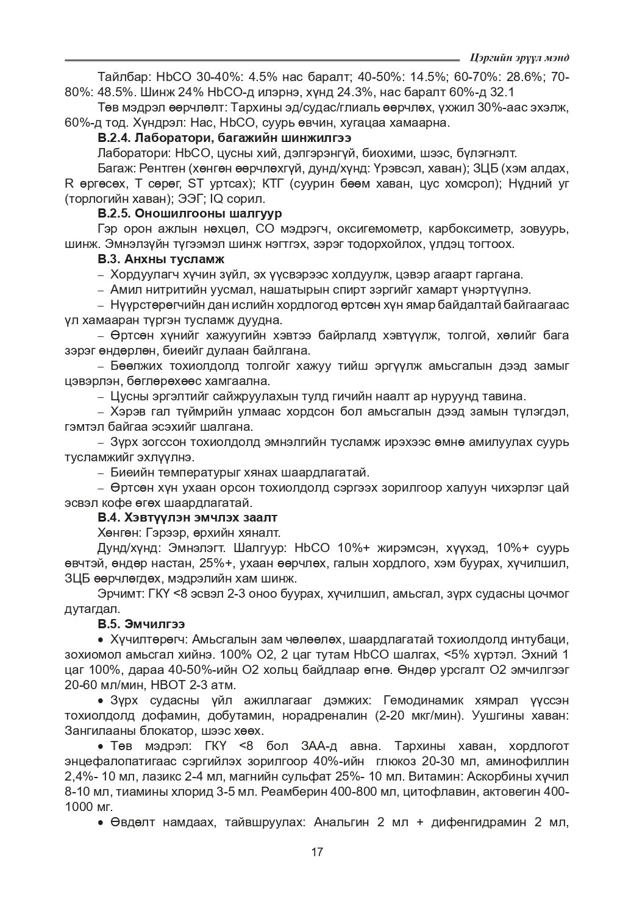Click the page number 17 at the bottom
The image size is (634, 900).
pos(317,852)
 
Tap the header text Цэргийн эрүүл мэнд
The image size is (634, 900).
pos(519,58)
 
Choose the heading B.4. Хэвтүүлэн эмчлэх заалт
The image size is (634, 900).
pos(187,517)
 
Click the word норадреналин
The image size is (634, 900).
pos(330,715)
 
